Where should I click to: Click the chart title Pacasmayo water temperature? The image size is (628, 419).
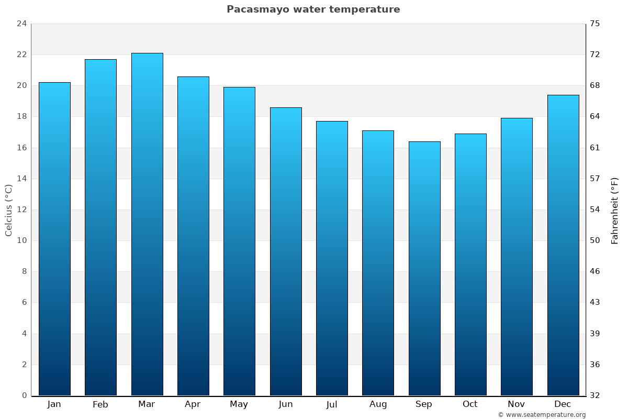pos(313,9)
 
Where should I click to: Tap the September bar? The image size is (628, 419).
pos(424,268)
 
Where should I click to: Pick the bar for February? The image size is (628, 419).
pos(100,227)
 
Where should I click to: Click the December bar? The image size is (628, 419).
pos(563,245)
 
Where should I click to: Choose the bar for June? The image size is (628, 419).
pos(286,251)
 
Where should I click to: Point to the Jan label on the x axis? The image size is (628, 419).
pos(54,404)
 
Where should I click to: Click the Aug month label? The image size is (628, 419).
pos(378,404)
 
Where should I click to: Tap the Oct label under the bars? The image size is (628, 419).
pos(470,404)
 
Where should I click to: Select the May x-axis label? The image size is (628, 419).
pos(239,404)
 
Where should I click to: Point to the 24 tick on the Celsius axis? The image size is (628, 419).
pos(21,24)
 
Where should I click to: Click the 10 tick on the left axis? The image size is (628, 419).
pos(21,240)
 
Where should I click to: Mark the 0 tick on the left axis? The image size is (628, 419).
pos(24,395)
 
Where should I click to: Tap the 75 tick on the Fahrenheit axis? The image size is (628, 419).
pos(595,24)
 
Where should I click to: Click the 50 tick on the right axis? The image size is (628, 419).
pos(595,240)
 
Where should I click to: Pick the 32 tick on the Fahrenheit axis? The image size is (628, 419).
pos(595,395)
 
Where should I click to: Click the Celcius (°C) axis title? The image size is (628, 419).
pos(9,210)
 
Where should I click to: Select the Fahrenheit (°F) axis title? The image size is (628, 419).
pos(614,211)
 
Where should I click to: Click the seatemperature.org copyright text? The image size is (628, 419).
pos(542,415)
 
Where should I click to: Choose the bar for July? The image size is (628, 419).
pos(332,258)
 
